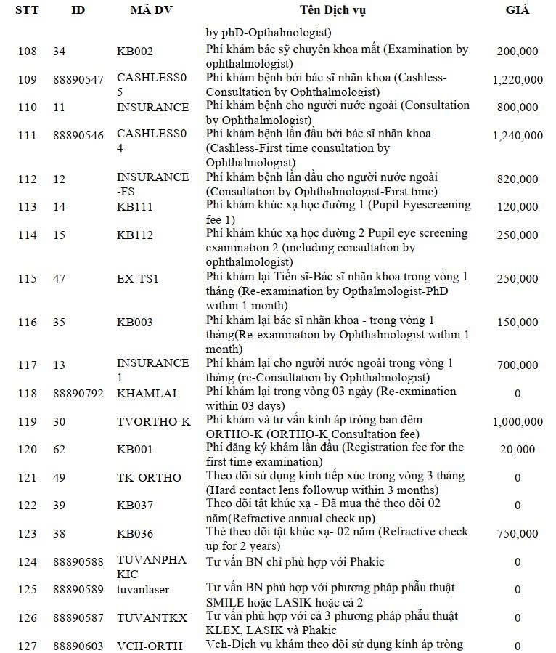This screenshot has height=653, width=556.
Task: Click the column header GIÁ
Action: pos(517,10)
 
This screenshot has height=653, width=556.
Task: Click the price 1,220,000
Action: pos(517,79)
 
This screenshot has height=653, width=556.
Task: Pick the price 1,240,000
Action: pos(517,135)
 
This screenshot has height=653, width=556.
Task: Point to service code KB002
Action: pos(135,52)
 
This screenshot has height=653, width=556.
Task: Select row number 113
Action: pos(27,206)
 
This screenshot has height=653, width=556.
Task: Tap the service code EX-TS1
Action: pos(137,278)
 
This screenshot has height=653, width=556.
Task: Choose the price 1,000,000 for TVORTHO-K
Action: pos(517,422)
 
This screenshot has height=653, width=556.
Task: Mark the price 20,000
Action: pos(518,450)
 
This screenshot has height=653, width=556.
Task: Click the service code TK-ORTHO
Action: pos(149,477)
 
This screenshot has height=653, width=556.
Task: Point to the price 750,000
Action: pos(518,534)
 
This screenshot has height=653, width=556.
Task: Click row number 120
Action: pos(27,450)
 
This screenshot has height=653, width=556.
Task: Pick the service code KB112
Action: pos(135,235)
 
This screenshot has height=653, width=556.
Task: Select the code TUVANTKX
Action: pos(152,618)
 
